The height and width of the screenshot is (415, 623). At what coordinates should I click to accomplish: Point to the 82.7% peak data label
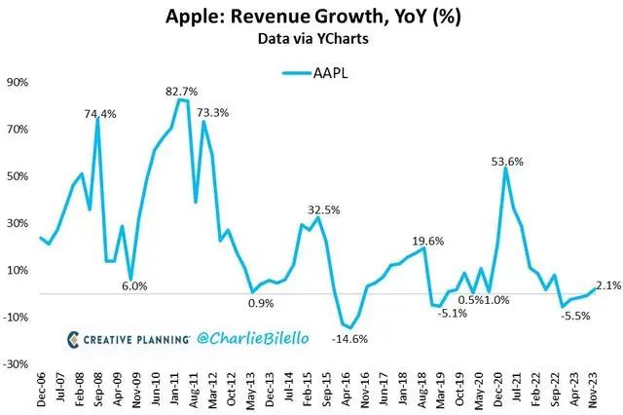pyautogui.click(x=185, y=91)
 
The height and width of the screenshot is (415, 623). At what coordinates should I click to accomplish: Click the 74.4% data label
pyautogui.click(x=100, y=114)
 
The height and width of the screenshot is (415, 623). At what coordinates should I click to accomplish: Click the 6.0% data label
pyautogui.click(x=134, y=286)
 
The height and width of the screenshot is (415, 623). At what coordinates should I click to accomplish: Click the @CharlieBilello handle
pyautogui.click(x=254, y=338)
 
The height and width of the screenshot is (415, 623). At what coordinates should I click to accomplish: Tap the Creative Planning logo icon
pyautogui.click(x=74, y=339)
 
